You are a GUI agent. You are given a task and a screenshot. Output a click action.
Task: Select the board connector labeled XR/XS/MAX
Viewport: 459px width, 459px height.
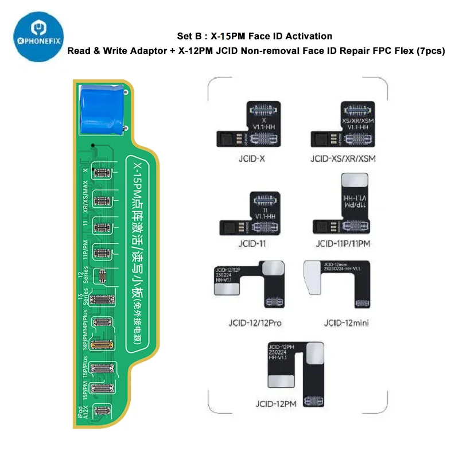coord(102,200)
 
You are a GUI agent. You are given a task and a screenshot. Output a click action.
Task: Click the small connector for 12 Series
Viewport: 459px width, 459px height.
coord(103,277)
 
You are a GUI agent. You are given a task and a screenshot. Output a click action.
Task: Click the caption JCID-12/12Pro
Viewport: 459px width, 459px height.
coord(247,322)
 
